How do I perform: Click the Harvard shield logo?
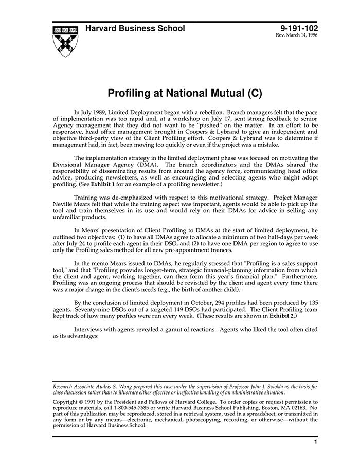point(65,40)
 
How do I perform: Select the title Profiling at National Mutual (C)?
point(185,94)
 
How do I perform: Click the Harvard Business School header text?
point(135,29)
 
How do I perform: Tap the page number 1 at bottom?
point(315,442)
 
